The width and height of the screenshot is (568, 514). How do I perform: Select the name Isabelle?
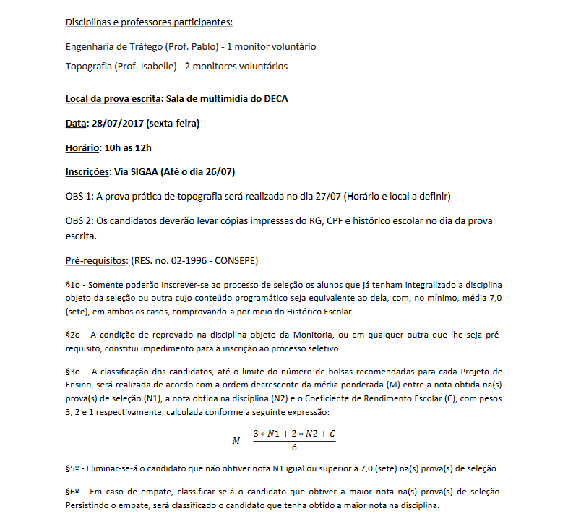pyautogui.click(x=160, y=67)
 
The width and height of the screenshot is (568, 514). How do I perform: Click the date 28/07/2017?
pyautogui.click(x=117, y=123)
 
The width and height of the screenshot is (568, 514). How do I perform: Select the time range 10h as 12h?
pyautogui.click(x=129, y=147)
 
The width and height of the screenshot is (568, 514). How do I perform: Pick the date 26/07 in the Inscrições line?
pyautogui.click(x=218, y=172)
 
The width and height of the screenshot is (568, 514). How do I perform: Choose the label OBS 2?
pyautogui.click(x=79, y=220)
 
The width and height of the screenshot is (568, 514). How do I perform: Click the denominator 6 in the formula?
pyautogui.click(x=294, y=447)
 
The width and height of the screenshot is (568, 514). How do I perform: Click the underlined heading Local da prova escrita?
pyautogui.click(x=112, y=98)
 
